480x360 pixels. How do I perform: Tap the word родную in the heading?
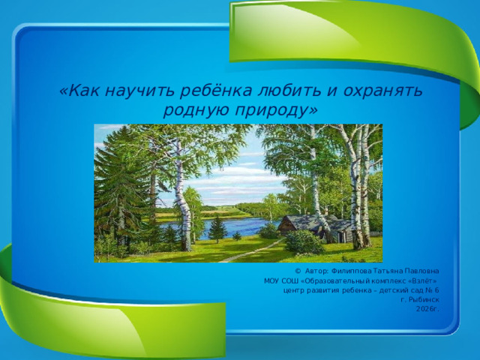pyautogui.click(x=192, y=111)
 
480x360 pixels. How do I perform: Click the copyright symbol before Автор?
pyautogui.click(x=298, y=270)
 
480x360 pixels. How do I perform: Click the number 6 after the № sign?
pyautogui.click(x=436, y=289)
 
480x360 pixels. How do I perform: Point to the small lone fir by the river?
pyautogui.click(x=217, y=227)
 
